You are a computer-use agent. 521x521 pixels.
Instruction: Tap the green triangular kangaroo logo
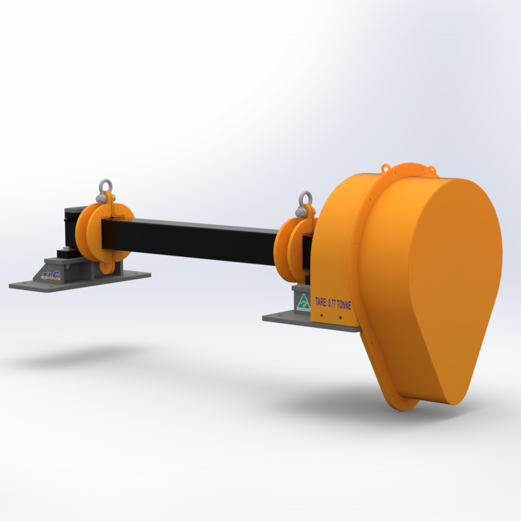[x=303, y=300]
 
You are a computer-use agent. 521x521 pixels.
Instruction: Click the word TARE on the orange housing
[x=322, y=305]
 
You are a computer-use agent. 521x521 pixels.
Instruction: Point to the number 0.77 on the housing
[x=334, y=305]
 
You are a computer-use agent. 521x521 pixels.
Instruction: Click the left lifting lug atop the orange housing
[x=386, y=166]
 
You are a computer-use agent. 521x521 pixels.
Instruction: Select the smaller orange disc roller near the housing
[x=291, y=247]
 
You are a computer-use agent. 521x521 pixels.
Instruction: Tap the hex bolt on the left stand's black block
[x=64, y=251]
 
